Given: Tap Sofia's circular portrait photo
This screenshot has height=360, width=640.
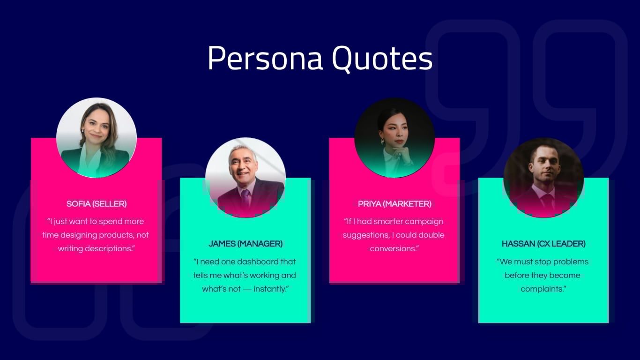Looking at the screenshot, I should pos(97,138).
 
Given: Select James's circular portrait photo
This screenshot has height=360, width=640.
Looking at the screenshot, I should pos(246,178).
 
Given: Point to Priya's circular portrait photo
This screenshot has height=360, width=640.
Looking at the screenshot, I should pos(394,138).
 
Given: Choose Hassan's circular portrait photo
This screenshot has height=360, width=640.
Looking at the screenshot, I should pos(543,178).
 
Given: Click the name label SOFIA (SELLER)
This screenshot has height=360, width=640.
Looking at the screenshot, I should pos(97,204).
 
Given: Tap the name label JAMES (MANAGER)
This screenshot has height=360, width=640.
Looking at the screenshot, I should pos(246,244).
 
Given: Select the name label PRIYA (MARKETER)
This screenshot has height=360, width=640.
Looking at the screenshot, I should pos(394,204).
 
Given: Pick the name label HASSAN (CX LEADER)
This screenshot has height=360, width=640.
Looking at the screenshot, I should pos(543,244).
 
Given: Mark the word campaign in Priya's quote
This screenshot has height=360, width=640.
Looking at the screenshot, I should pos(424,221).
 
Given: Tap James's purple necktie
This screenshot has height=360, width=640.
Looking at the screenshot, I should pos(245,197).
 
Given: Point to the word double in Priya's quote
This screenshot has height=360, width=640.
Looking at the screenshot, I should pos(431,235).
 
